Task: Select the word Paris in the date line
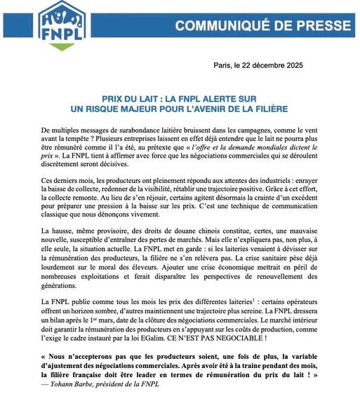click(x=227, y=65)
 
